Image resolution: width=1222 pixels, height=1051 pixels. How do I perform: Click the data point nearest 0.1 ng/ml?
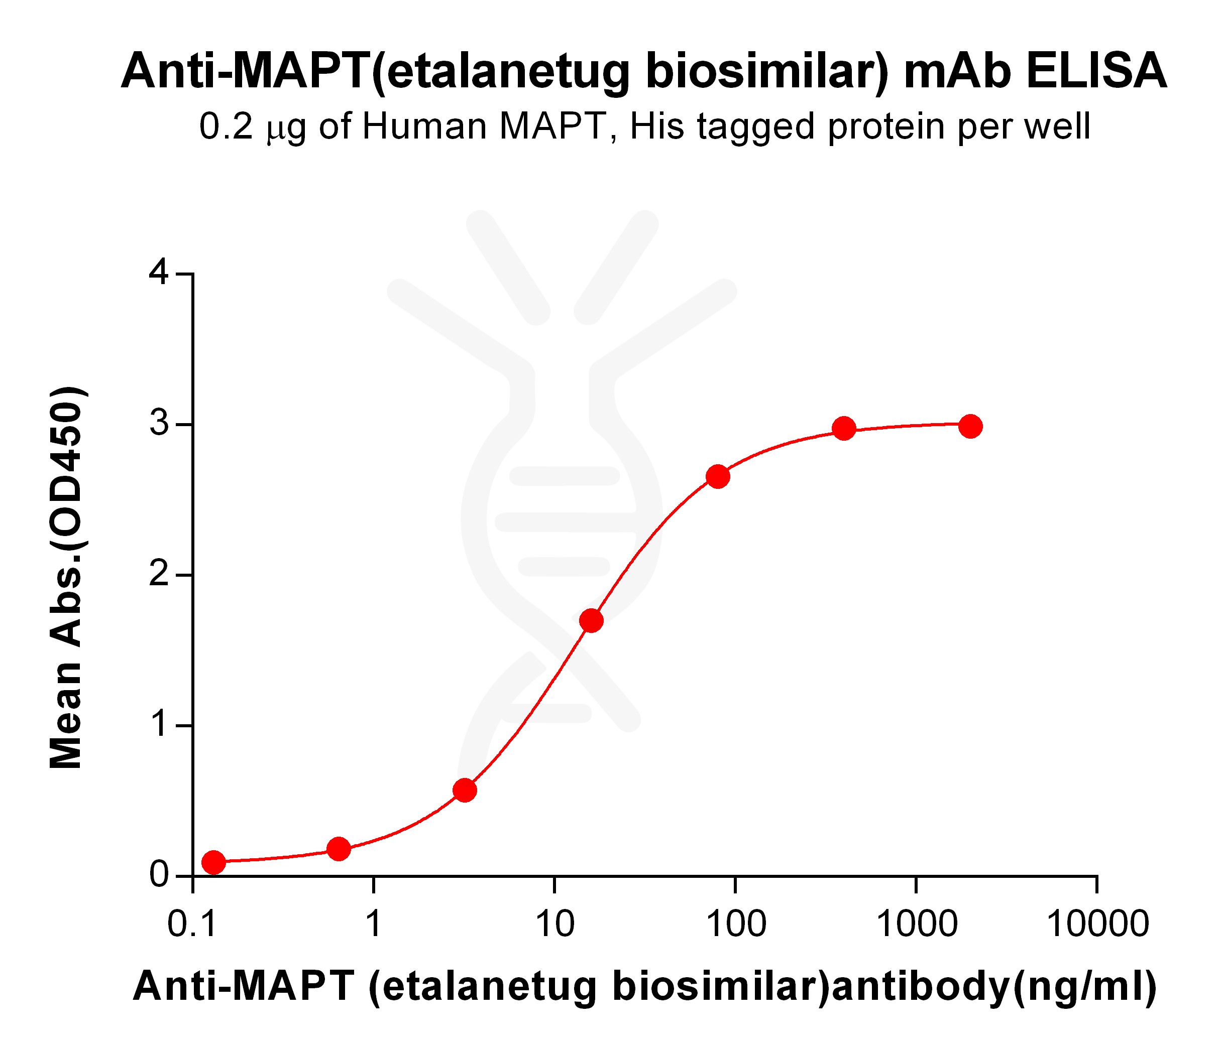[x=213, y=862]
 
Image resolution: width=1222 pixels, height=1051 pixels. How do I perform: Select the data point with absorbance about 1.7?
[x=591, y=621]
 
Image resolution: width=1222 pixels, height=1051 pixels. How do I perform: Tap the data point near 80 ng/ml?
[x=718, y=476]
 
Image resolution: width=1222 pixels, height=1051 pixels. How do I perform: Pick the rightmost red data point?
[x=971, y=426]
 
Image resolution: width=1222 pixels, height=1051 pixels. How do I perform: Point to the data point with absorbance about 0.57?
[x=465, y=791]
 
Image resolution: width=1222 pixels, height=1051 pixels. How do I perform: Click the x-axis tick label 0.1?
[x=193, y=924]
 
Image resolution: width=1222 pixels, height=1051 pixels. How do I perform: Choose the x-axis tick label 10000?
[x=1097, y=924]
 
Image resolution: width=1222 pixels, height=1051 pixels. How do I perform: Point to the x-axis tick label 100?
[x=735, y=924]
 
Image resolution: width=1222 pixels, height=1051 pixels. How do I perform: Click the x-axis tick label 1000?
[x=917, y=924]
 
